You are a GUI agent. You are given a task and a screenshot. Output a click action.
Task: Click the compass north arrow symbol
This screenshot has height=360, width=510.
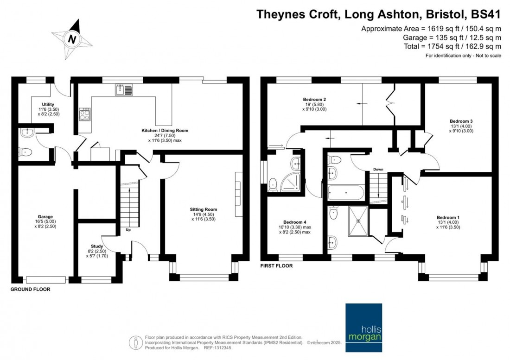(x=72, y=39)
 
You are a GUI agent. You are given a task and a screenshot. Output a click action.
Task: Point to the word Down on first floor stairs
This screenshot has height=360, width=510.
(x=378, y=170)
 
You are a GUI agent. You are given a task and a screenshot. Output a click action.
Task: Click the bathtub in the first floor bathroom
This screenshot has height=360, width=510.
(x=346, y=193)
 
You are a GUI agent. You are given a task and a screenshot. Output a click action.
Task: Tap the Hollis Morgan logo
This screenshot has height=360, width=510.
(x=364, y=322)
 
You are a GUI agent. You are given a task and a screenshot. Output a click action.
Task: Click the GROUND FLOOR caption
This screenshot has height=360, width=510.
(x=31, y=289)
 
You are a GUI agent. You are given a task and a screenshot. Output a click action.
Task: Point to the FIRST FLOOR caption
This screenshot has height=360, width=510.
(x=277, y=266)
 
